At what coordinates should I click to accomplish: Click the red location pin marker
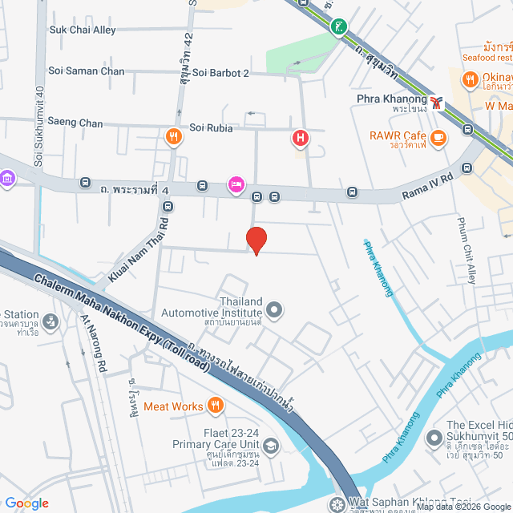(x=256, y=240)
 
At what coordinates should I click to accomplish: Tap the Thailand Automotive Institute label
(x=212, y=307)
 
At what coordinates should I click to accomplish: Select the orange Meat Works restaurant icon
(x=215, y=406)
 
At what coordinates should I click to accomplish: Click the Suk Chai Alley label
(x=83, y=30)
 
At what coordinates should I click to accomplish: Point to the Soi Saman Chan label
(x=86, y=71)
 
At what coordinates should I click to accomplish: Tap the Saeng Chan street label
(x=75, y=123)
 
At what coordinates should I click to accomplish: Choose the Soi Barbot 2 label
(x=219, y=73)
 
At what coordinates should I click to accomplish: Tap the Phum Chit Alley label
(x=467, y=250)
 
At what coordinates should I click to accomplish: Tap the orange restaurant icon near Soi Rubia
(x=172, y=136)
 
